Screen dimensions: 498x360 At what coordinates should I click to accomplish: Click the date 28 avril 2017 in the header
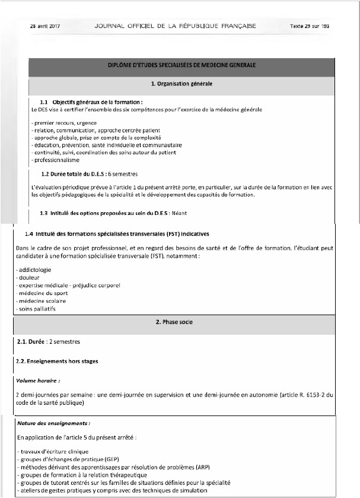pyautogui.click(x=45, y=26)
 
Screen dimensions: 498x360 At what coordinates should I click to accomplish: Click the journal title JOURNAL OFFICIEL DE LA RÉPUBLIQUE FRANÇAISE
pyautogui.click(x=175, y=26)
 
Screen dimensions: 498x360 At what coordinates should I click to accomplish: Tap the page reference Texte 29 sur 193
pyautogui.click(x=309, y=26)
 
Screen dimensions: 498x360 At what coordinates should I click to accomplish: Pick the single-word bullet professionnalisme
pyautogui.click(x=57, y=160)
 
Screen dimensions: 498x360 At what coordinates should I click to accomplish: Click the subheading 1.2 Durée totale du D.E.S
pyautogui.click(x=78, y=175)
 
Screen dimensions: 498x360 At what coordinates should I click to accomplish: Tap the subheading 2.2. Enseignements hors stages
pyautogui.click(x=58, y=361)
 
